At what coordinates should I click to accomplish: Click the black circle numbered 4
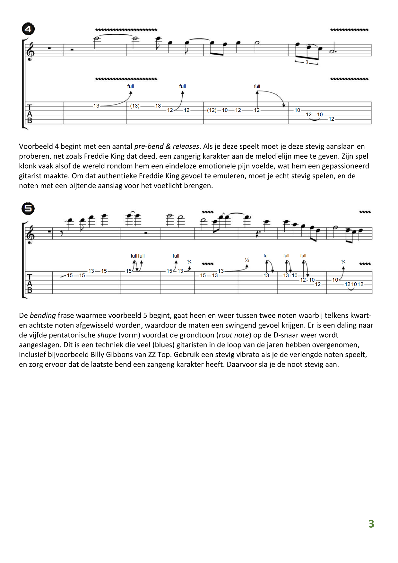(28, 29)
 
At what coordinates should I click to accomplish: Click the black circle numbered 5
(28, 209)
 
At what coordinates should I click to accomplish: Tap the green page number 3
(371, 524)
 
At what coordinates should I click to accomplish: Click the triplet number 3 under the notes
(307, 63)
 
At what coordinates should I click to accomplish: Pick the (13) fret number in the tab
(135, 106)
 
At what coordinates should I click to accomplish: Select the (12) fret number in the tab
(212, 110)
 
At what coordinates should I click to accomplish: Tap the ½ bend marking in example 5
(247, 260)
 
